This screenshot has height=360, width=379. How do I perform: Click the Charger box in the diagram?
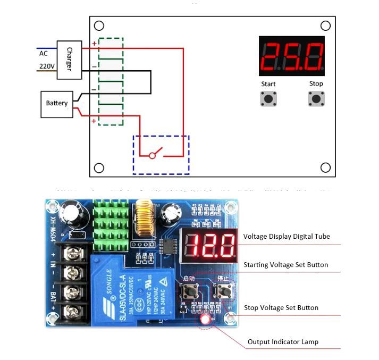pyautogui.click(x=69, y=59)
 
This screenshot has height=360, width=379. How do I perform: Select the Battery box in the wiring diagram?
pyautogui.click(x=57, y=103)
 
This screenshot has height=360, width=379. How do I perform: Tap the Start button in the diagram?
pyautogui.click(x=268, y=98)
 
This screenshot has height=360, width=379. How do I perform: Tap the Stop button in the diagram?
pyautogui.click(x=316, y=98)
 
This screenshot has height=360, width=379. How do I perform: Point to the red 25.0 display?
pyautogui.click(x=292, y=56)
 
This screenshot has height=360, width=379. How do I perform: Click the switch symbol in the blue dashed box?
pyautogui.click(x=153, y=155)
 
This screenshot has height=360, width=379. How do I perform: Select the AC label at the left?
pyautogui.click(x=44, y=53)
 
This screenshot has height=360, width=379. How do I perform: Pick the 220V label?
pyautogui.click(x=46, y=66)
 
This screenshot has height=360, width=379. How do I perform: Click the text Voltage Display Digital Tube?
pyautogui.click(x=287, y=237)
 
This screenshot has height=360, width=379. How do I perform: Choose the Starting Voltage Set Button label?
pyautogui.click(x=285, y=265)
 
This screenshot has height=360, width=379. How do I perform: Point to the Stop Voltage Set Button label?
pyautogui.click(x=281, y=308)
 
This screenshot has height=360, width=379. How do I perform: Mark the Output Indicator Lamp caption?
pyautogui.click(x=283, y=342)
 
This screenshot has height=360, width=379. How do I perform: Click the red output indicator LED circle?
pyautogui.click(x=205, y=320)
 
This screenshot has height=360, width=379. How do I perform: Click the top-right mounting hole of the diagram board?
pyautogui.click(x=325, y=26)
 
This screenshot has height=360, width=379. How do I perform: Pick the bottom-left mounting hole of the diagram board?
pyautogui.click(x=99, y=168)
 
